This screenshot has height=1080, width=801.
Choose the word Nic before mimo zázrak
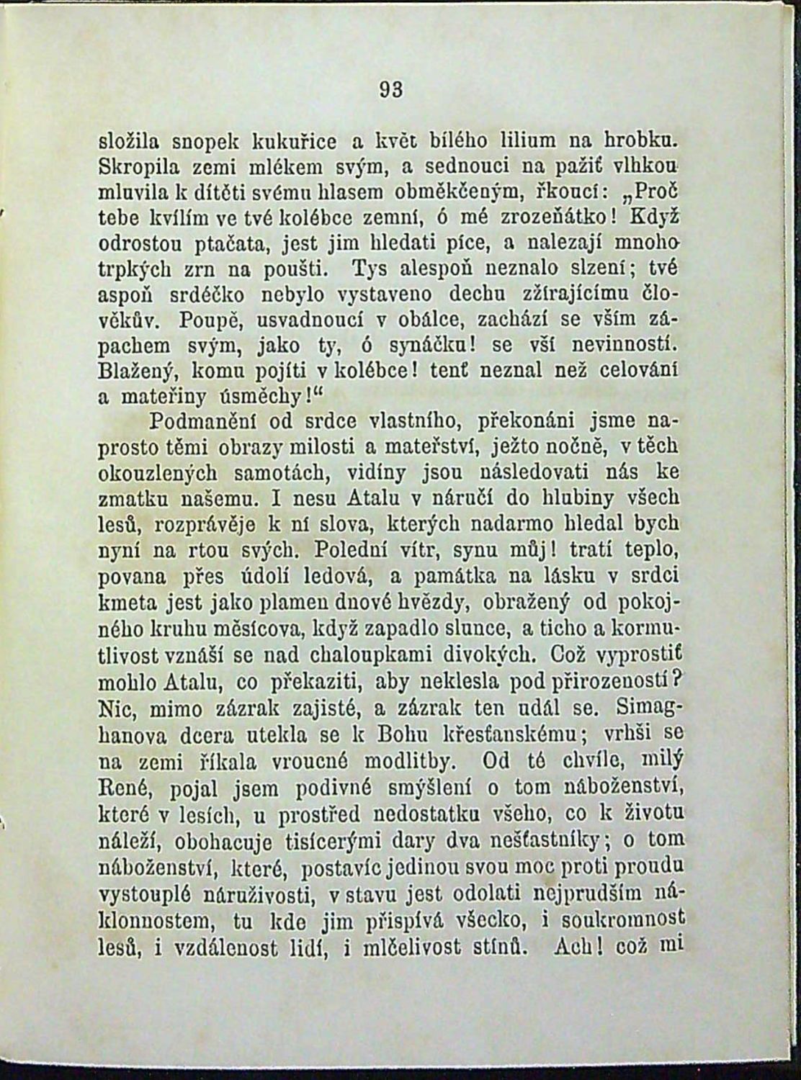[x=117, y=708]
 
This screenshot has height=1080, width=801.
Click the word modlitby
[x=404, y=761]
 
